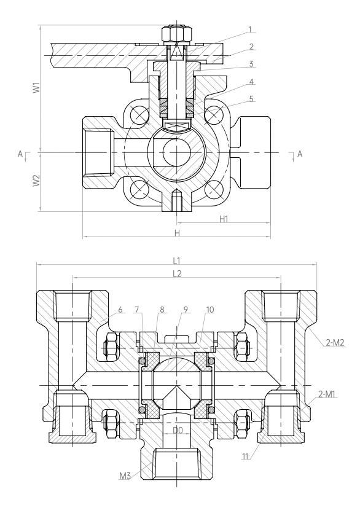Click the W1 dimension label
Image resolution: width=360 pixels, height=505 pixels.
point(37,88)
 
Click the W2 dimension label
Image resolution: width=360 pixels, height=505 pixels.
point(37,181)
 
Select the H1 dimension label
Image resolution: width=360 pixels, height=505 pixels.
point(224,219)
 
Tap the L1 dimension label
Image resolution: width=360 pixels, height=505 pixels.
point(177,260)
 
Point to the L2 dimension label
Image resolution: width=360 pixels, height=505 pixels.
point(177,274)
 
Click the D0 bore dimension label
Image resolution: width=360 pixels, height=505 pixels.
point(178,430)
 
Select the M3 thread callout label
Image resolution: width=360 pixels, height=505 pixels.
point(125,476)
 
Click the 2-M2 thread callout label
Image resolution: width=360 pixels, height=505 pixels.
point(335,343)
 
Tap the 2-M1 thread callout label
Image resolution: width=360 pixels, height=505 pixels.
point(327,394)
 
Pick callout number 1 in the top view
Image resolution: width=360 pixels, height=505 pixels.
point(250,29)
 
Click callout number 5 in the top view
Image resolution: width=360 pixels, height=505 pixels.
point(251,99)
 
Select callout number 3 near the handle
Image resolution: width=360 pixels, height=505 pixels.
point(251,64)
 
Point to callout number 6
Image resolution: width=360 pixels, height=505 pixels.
point(120,310)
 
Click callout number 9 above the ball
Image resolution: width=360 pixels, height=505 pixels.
point(186,310)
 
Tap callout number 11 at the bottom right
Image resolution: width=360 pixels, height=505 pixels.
point(245,456)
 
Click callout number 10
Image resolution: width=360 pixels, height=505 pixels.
point(209,310)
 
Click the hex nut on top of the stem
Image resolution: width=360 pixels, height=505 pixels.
point(176,33)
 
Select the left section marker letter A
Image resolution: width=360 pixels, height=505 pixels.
point(20,154)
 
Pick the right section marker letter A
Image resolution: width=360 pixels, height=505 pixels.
point(300,154)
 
